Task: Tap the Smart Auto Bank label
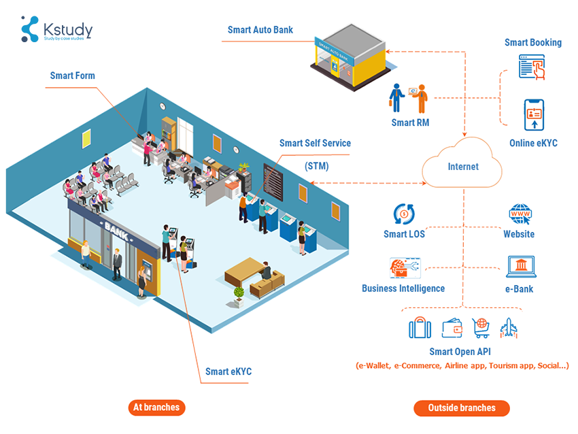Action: pos(260,30)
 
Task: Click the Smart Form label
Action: pos(72,76)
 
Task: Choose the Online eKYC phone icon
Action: pos(534,115)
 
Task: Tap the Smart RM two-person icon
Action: pos(409,99)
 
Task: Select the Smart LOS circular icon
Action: pos(404,214)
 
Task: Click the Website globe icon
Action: pos(519,214)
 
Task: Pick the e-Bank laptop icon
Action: pos(520,267)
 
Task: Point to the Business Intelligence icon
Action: pos(403,268)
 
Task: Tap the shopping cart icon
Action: pos(481,328)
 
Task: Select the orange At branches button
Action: pos(156,407)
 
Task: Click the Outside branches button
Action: pos(462,408)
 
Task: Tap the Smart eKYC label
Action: pos(228,371)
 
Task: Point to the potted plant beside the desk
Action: pos(239,295)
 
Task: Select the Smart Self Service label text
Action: pos(315,143)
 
